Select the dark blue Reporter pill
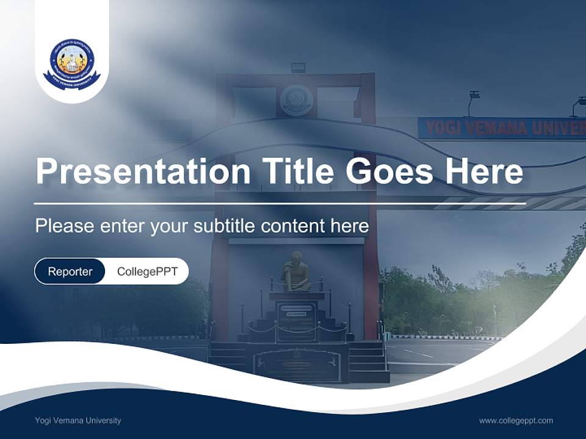click(x=70, y=271)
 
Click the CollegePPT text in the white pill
click(x=147, y=271)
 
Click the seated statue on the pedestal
click(x=296, y=273)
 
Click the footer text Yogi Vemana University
click(x=78, y=420)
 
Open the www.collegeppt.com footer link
click(x=516, y=420)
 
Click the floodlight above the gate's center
click(x=298, y=66)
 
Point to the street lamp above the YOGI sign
click(x=474, y=96)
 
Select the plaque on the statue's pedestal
click(x=296, y=320)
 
